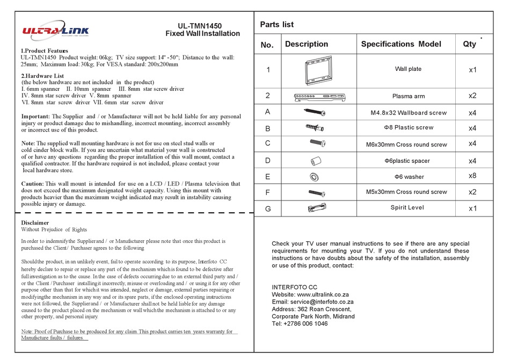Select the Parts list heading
[276, 24]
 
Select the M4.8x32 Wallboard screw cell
[409, 113]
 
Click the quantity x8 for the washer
[472, 176]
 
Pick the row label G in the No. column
[267, 208]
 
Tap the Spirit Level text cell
[409, 207]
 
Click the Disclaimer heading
[35, 222]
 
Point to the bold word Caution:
[35, 183]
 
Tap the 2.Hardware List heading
[42, 76]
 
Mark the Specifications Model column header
[401, 44]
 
